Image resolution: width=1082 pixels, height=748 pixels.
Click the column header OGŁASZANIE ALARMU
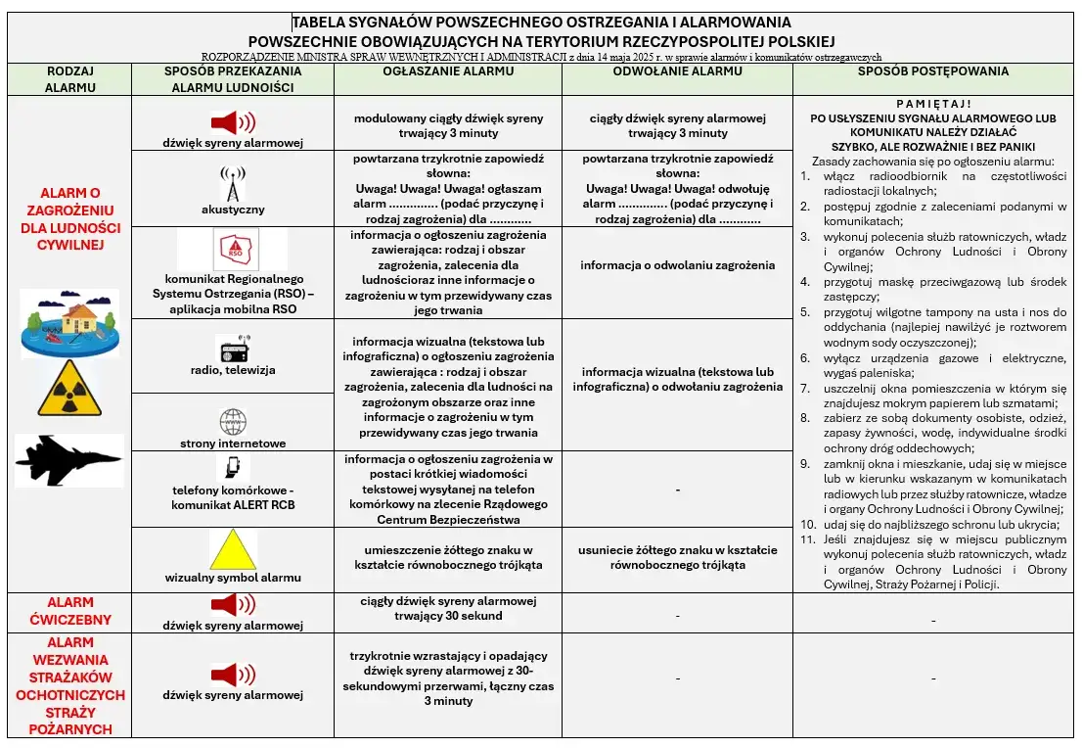click(448, 71)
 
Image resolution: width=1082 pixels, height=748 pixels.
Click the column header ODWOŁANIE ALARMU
click(677, 71)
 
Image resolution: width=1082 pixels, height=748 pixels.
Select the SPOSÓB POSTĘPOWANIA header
click(932, 71)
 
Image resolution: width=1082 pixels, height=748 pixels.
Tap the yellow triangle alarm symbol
click(233, 549)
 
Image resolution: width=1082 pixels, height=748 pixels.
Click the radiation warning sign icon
click(69, 388)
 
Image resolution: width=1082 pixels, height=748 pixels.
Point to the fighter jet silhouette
click(69, 460)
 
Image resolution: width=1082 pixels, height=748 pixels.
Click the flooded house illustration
click(69, 324)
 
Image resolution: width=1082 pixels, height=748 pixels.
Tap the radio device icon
click(233, 350)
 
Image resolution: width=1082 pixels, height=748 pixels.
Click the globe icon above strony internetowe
click(233, 422)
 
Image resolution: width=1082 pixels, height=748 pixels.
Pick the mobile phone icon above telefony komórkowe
click(233, 467)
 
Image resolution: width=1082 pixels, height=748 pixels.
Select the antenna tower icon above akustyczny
click(233, 183)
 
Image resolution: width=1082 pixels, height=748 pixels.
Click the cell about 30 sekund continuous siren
click(448, 608)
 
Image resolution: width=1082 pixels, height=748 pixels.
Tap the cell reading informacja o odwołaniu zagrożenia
click(677, 265)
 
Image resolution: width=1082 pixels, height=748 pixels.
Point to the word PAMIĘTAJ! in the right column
click(932, 103)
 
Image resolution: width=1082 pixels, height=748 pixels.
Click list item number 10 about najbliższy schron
click(940, 524)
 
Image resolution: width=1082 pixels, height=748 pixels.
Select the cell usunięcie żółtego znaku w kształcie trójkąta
click(677, 557)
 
